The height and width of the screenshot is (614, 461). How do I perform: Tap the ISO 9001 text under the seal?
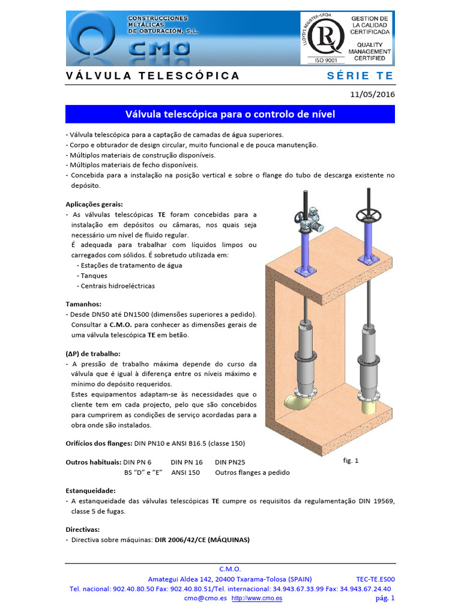(x=327, y=60)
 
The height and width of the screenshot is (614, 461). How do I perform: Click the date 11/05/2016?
(x=372, y=94)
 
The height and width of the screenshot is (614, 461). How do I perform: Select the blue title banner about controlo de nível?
(x=230, y=114)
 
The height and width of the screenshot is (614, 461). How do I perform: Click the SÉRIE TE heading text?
(x=360, y=76)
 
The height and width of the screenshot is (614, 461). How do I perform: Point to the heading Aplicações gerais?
(x=94, y=204)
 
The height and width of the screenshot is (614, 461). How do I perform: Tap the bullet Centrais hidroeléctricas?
(x=116, y=285)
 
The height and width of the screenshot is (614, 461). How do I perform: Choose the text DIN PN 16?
(x=187, y=462)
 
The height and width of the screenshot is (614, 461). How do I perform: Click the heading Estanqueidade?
(x=90, y=490)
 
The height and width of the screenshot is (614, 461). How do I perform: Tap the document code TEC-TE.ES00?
(x=375, y=579)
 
